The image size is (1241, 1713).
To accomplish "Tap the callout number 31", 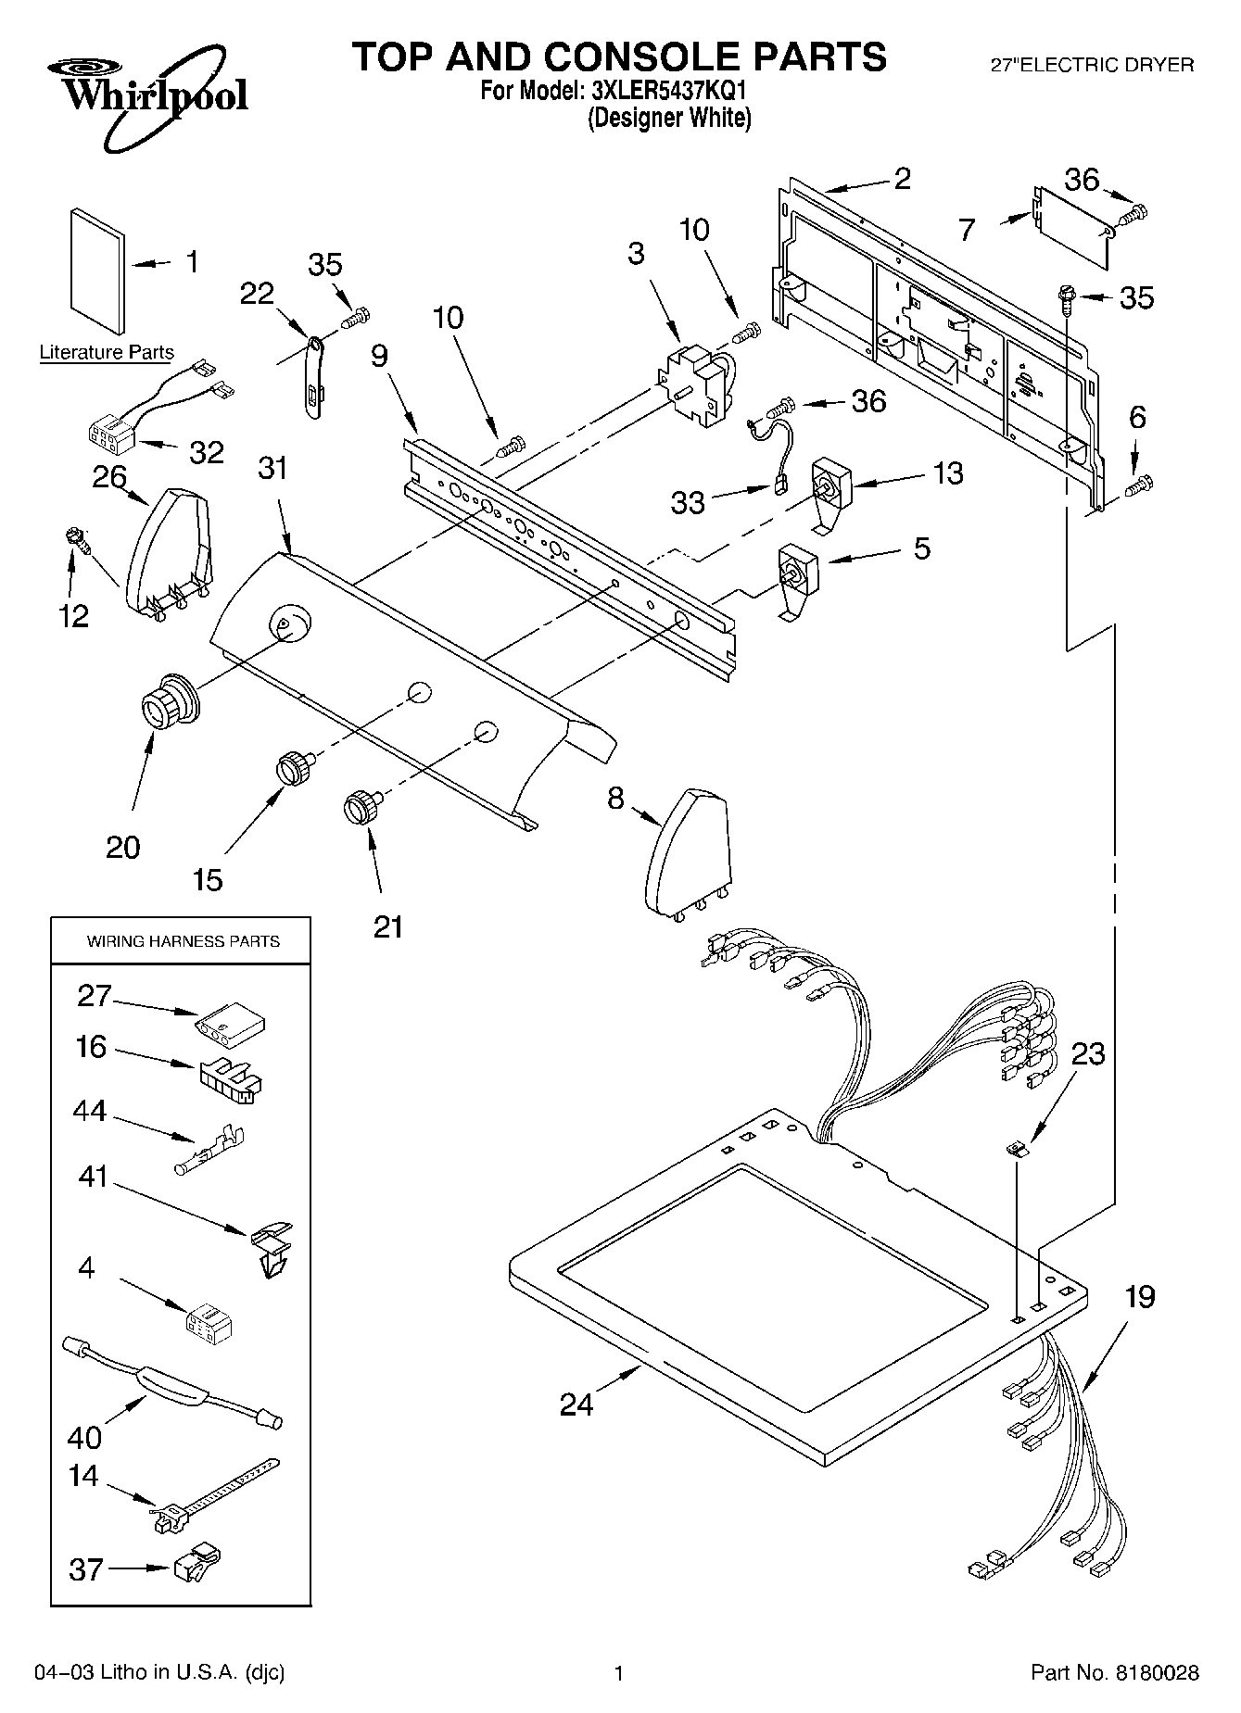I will click(x=272, y=470).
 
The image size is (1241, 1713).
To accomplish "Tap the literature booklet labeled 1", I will click(x=96, y=272).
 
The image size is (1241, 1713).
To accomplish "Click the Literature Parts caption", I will click(x=107, y=353).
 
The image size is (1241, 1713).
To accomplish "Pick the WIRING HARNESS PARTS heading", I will click(x=183, y=941).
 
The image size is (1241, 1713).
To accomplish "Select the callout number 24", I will click(x=576, y=1405).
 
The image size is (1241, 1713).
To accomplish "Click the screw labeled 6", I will click(x=1139, y=483).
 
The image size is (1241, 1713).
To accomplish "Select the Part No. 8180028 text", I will click(x=1115, y=1673).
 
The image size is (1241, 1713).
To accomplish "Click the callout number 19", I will click(x=1139, y=1298).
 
